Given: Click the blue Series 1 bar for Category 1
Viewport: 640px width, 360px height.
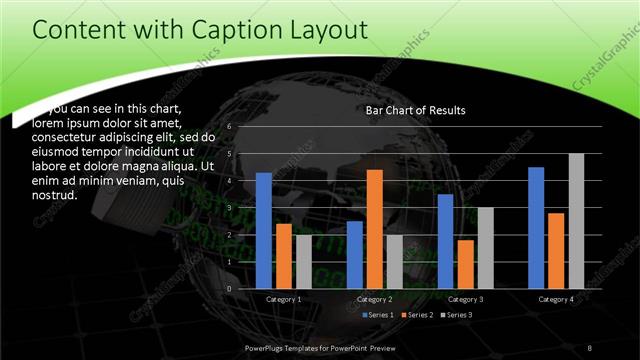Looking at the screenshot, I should [x=264, y=231].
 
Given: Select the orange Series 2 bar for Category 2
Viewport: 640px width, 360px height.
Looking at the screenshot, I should [x=375, y=229].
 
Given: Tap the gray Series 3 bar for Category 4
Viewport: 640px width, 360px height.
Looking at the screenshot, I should [x=576, y=221].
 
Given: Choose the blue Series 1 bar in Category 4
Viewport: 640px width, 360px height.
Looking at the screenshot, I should [x=536, y=228].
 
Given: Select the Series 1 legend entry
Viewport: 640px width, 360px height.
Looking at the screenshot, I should [x=378, y=315].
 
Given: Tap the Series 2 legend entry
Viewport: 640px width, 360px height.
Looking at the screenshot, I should [x=416, y=315].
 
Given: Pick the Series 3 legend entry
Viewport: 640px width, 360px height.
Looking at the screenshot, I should [x=455, y=315].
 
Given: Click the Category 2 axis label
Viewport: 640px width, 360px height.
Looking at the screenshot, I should [x=374, y=299].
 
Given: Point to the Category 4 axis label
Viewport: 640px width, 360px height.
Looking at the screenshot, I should [x=555, y=299].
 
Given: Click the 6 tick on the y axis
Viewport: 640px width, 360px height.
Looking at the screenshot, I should [x=229, y=127].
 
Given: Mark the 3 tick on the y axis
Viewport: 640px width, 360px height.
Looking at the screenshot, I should [x=229, y=208].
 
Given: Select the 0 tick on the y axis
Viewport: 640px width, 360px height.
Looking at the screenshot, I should [x=229, y=289].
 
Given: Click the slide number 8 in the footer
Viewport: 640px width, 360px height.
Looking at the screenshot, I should [x=590, y=346].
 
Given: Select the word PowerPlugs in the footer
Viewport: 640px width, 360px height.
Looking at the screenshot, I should [x=265, y=346].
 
